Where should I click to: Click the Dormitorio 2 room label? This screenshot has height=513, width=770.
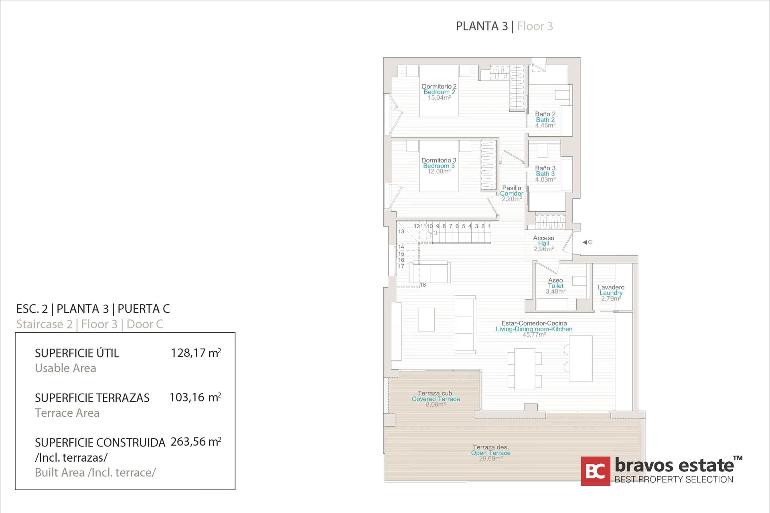(439, 87)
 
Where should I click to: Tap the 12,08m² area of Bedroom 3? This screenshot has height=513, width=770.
(439, 172)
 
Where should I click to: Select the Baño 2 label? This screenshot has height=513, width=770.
(545, 114)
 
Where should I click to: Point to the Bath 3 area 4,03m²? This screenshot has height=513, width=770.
(545, 180)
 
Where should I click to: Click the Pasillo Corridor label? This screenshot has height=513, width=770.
(511, 191)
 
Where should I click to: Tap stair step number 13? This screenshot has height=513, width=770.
(401, 232)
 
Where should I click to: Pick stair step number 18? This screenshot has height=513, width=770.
(423, 285)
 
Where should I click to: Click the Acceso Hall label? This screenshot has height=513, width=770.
(543, 241)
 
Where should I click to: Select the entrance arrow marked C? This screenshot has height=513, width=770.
(587, 242)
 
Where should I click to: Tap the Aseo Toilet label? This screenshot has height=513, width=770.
(555, 283)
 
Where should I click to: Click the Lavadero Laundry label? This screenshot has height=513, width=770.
(611, 290)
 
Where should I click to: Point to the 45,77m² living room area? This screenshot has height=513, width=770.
(534, 335)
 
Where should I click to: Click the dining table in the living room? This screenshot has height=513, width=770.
(525, 369)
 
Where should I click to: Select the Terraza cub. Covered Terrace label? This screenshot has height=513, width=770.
(436, 396)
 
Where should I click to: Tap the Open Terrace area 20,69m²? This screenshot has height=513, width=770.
(490, 458)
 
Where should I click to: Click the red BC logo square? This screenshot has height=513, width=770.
(596, 471)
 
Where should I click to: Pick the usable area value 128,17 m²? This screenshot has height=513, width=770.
(196, 353)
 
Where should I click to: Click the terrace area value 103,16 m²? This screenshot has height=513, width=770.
(195, 398)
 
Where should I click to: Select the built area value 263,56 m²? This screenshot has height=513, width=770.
(196, 442)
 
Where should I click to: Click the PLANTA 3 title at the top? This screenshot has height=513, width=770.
(482, 26)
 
